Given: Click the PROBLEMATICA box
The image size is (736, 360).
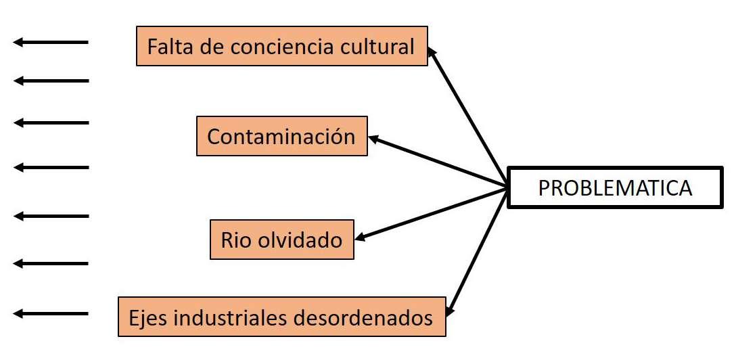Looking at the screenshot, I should (x=614, y=187).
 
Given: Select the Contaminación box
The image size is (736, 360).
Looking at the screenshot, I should (x=281, y=136).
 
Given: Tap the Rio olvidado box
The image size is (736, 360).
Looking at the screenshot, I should (x=281, y=239).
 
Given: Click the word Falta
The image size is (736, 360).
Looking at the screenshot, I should (x=168, y=47).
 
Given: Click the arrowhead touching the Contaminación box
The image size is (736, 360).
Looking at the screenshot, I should (x=374, y=139).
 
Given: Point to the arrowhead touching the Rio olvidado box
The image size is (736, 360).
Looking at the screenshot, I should (x=361, y=238).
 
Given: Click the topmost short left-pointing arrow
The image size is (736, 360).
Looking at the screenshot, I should (x=51, y=43).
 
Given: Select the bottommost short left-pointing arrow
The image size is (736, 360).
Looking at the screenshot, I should (x=51, y=313).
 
